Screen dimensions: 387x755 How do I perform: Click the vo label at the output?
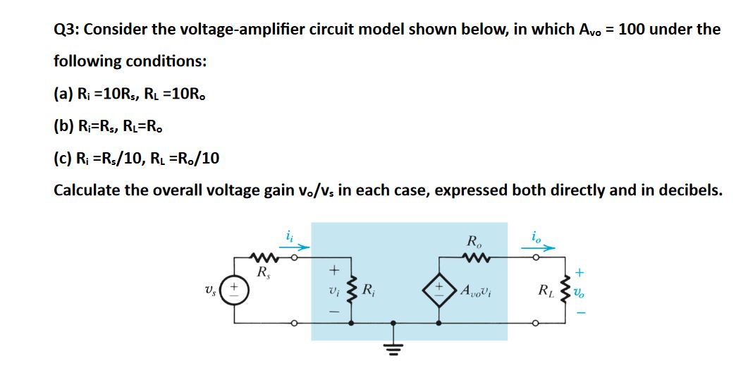pos(580,292)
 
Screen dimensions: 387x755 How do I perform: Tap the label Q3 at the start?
pos(69,30)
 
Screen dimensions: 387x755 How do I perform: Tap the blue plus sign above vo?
pos(580,271)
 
